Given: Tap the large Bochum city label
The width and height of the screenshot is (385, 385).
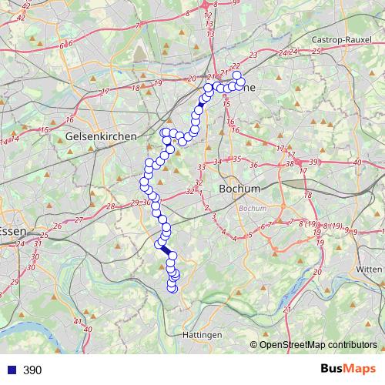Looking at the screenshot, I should (239, 188).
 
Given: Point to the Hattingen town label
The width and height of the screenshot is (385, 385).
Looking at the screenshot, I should (203, 335).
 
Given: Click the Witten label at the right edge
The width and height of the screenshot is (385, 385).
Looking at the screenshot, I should (370, 269).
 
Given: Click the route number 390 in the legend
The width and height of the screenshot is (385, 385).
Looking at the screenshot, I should (32, 370).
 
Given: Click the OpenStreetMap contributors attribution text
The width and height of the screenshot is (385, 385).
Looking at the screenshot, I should (318, 345).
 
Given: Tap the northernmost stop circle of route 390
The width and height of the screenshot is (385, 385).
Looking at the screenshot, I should (237, 75).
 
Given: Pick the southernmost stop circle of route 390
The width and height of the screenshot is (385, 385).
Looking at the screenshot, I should (172, 289).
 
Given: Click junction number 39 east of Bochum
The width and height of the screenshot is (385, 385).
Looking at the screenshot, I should (313, 162).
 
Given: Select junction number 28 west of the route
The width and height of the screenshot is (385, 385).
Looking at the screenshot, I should (110, 206).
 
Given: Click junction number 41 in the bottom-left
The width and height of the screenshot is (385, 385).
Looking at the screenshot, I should (77, 321).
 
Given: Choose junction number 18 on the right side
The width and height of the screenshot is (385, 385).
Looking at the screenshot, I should (307, 195).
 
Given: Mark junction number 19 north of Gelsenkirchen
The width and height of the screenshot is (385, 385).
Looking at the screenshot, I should (157, 83).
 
